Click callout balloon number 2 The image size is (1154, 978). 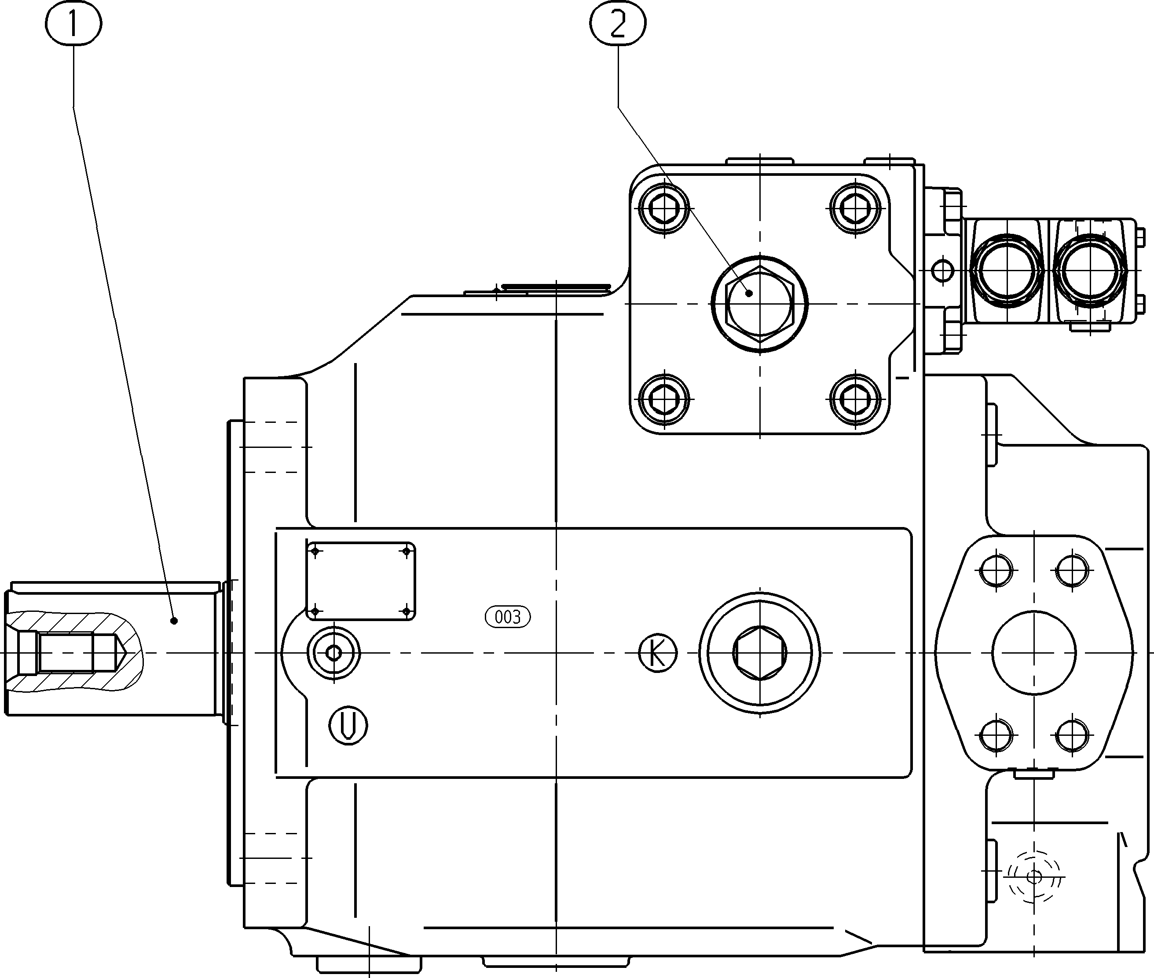point(618,24)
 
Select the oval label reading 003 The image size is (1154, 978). point(508,617)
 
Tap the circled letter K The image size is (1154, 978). point(658,654)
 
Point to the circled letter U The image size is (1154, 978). point(348,725)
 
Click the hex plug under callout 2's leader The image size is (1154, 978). point(759,304)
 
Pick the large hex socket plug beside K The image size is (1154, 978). point(759,653)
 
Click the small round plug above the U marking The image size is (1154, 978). point(333,654)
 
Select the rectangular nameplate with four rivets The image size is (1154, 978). point(361,581)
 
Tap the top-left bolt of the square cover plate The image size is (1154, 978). point(663,208)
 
